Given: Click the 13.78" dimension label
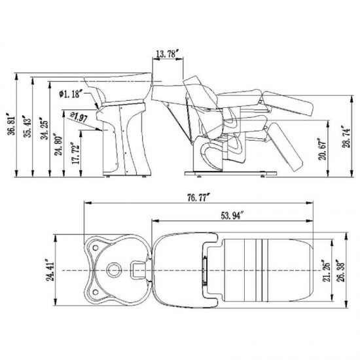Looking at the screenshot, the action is pyautogui.click(x=167, y=54).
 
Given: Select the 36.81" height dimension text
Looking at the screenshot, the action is pyautogui.click(x=12, y=124).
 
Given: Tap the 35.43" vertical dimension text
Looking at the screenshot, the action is pyautogui.click(x=27, y=128).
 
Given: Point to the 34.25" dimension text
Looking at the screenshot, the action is pyautogui.click(x=45, y=129).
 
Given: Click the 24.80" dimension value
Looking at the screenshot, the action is pyautogui.click(x=58, y=145).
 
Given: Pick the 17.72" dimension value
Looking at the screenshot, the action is pyautogui.click(x=76, y=153).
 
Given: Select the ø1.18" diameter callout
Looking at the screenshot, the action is pyautogui.click(x=71, y=94).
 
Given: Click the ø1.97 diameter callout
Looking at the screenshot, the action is pyautogui.click(x=79, y=117).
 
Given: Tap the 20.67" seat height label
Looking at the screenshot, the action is pyautogui.click(x=323, y=149).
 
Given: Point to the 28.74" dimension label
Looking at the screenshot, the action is pyautogui.click(x=346, y=136).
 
